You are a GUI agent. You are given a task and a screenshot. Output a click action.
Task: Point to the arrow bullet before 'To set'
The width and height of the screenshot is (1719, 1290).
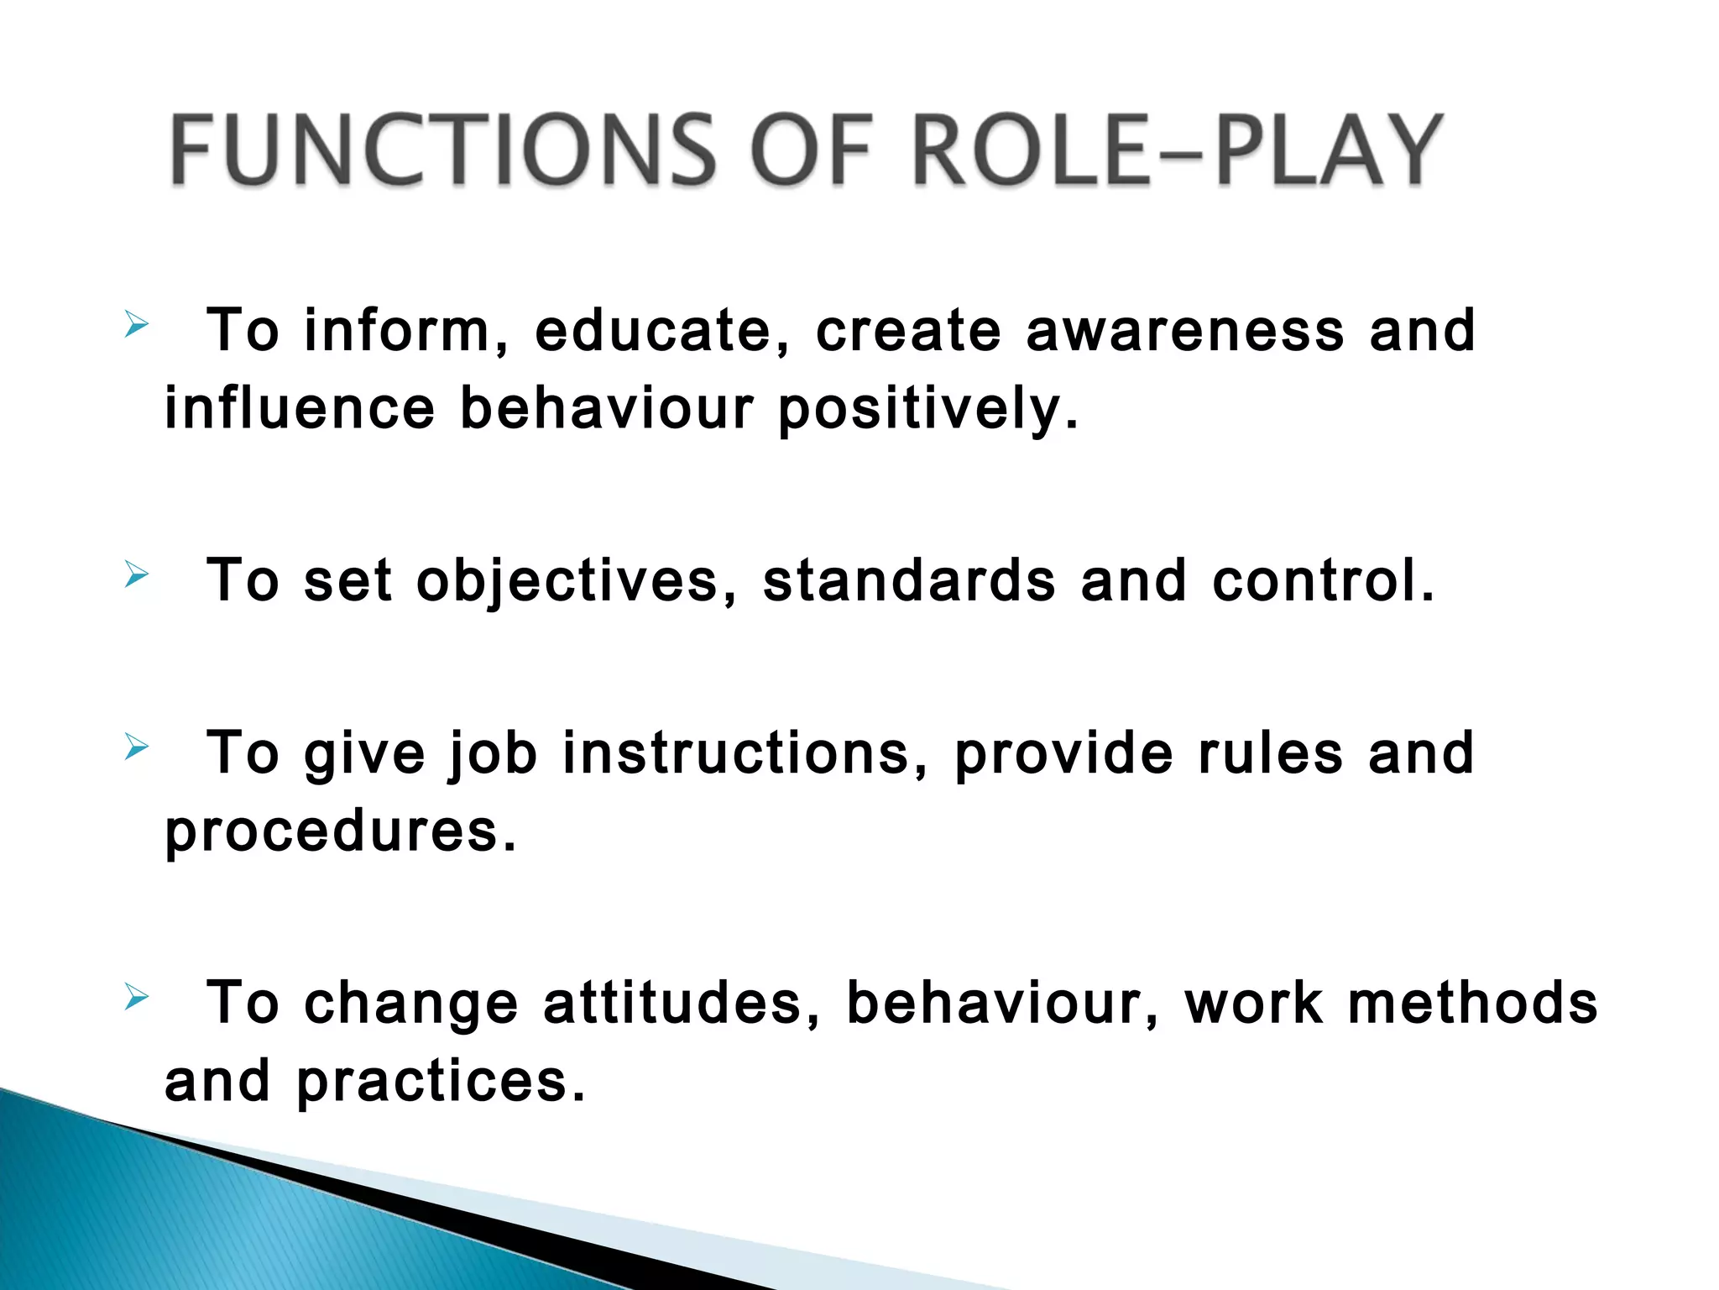[136, 575]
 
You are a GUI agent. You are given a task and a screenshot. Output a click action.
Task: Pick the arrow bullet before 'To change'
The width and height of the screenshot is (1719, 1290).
[136, 997]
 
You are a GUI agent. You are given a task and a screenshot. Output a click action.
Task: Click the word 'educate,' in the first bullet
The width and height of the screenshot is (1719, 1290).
[662, 330]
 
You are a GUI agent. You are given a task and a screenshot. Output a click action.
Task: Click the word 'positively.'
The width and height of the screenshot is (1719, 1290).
[927, 410]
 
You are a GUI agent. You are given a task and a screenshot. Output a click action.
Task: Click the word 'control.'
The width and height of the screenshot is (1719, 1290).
[1324, 581]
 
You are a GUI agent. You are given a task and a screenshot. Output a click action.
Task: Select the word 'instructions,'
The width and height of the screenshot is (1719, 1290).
[745, 752]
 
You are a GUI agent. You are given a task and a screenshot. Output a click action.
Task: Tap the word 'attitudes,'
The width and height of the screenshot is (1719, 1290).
[682, 1003]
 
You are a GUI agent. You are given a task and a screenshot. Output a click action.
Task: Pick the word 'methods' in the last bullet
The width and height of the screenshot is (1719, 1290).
[1472, 1003]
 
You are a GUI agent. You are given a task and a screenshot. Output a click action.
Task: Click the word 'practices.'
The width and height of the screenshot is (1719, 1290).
[441, 1082]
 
